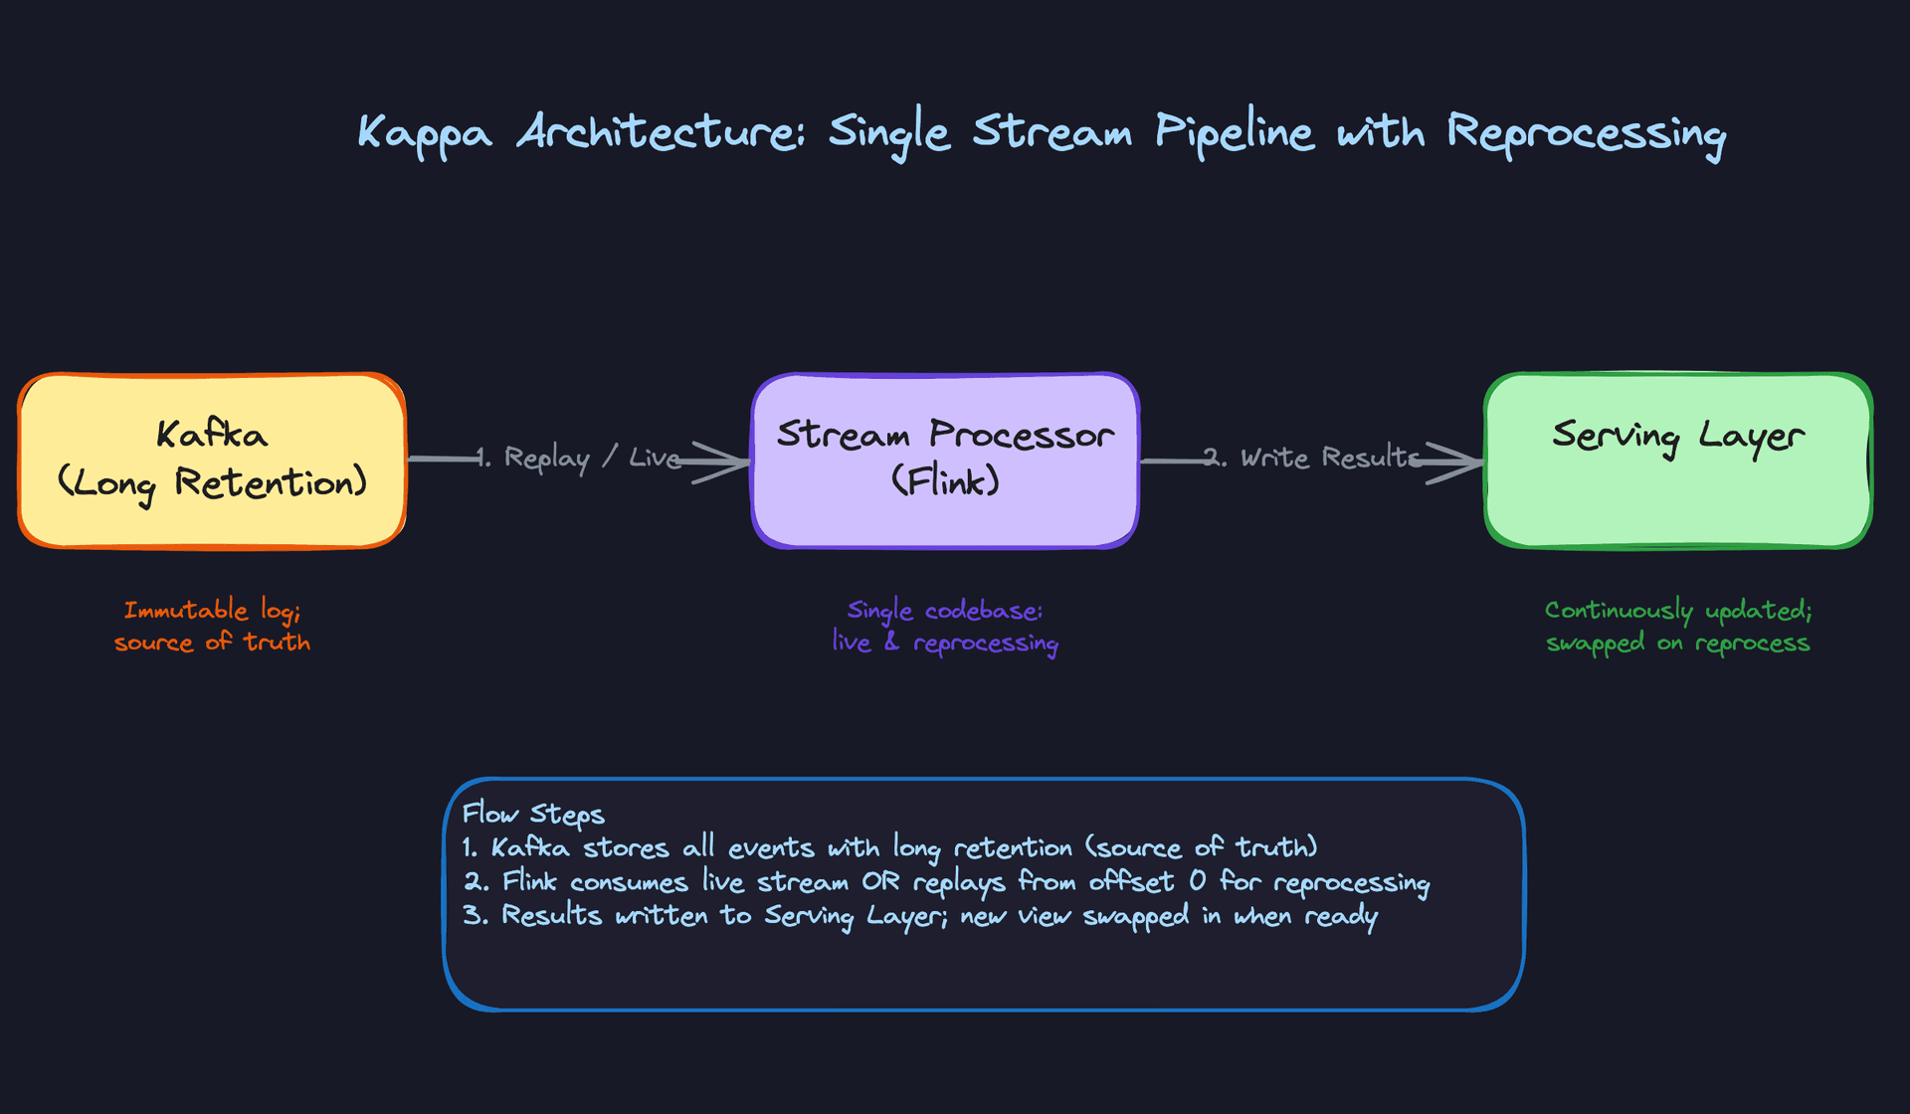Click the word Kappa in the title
pyautogui.click(x=425, y=133)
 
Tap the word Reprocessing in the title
pyautogui.click(x=1586, y=133)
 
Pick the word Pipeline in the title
pyautogui.click(x=1234, y=133)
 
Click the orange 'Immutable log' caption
pyautogui.click(x=212, y=610)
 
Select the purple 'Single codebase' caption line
pyautogui.click(x=945, y=610)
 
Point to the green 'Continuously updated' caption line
pyautogui.click(x=1678, y=610)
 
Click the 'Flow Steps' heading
pyautogui.click(x=533, y=814)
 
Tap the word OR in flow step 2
pyautogui.click(x=880, y=881)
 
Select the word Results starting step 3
pyautogui.click(x=551, y=915)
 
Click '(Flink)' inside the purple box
pyautogui.click(x=945, y=482)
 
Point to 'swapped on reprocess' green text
pyautogui.click(x=1678, y=644)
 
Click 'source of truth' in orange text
pyautogui.click(x=212, y=643)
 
